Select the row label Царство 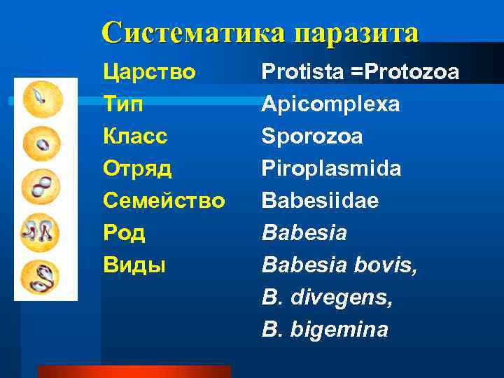148,72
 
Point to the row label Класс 135,136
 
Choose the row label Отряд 137,169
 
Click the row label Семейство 164,201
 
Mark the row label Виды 134,265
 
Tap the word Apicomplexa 330,104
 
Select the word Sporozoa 311,136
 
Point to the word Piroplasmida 331,169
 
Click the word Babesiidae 320,201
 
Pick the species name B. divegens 327,297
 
